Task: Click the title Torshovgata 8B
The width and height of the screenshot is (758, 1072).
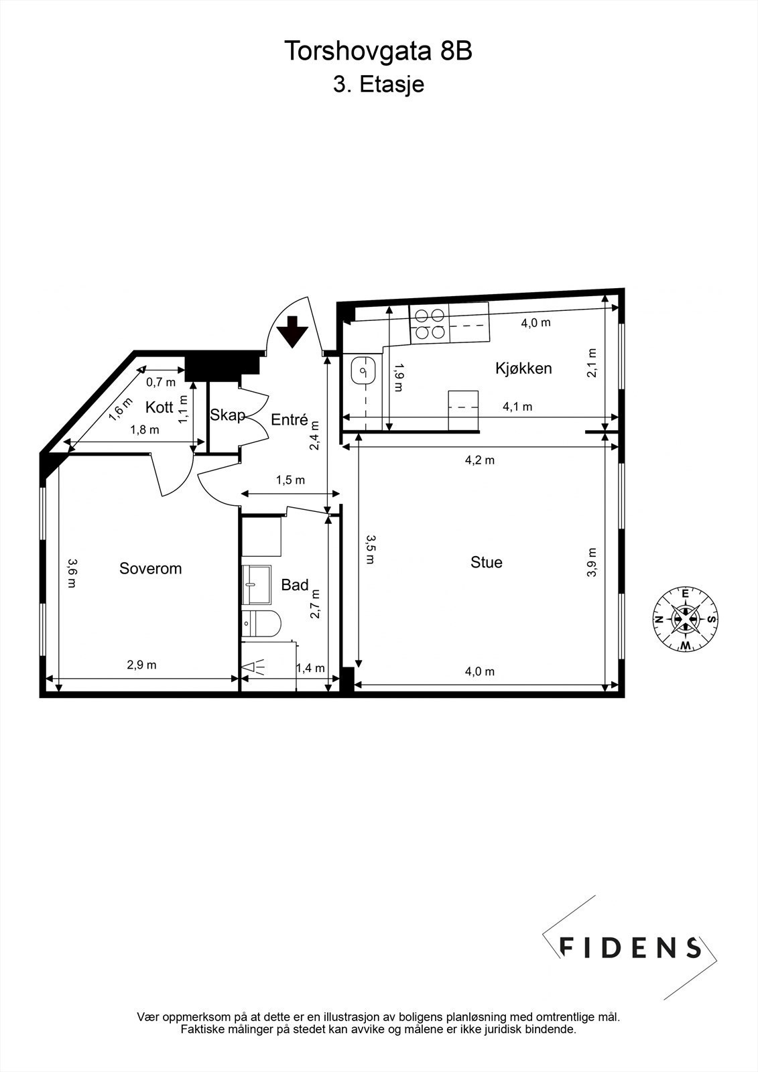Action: coord(379,52)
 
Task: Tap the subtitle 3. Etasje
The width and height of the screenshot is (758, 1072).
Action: coord(379,85)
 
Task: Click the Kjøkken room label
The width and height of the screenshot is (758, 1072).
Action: coord(523,368)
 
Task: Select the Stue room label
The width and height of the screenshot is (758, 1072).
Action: coord(486,562)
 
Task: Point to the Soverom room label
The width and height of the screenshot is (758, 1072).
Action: coord(150,569)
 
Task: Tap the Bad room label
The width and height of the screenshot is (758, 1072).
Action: coord(294,585)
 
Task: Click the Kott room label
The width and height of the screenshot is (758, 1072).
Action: coord(159,407)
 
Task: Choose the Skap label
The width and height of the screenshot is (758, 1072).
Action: coord(227,415)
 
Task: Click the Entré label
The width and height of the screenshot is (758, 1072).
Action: coord(289,420)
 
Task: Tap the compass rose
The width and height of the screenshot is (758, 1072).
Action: coord(685,618)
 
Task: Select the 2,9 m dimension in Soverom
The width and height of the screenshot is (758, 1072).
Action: coord(141,665)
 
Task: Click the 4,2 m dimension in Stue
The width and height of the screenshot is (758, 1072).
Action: coord(480,460)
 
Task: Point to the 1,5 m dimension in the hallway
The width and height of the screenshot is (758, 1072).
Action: coord(290,480)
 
